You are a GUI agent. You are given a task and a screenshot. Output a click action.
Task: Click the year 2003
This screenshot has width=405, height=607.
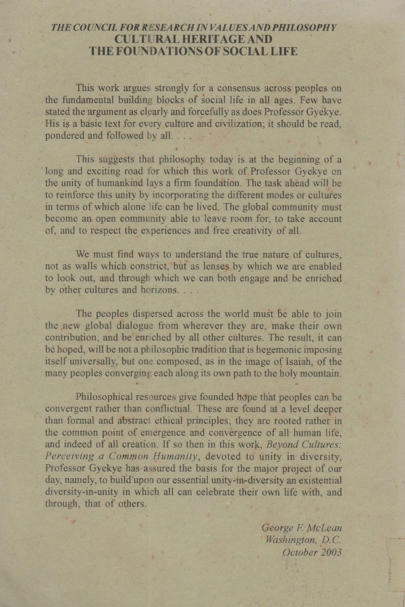pos(328,552)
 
